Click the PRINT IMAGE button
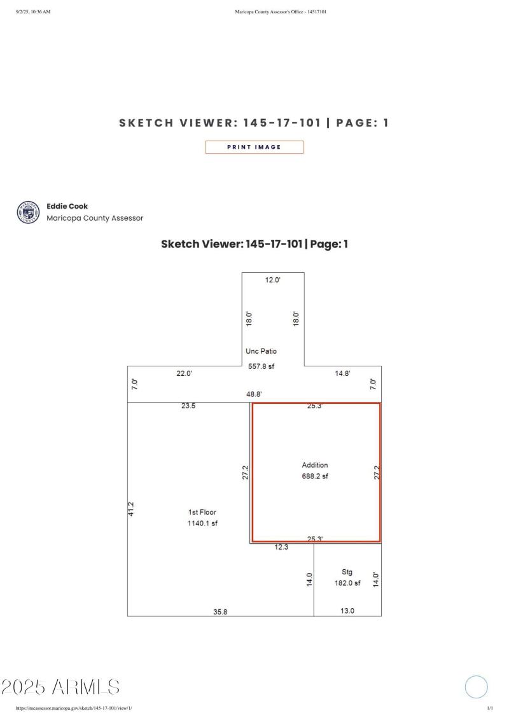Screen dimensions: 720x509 tap(254, 147)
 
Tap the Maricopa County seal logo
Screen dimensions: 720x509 tap(29, 212)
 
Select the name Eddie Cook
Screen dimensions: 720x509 tap(67, 206)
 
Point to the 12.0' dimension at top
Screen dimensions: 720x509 tap(272, 280)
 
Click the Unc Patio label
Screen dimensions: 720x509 tap(261, 351)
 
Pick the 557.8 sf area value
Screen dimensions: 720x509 tap(261, 366)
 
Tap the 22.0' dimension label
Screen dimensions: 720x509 tap(184, 373)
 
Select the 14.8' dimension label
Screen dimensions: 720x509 tap(342, 373)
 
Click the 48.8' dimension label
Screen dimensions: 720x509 tap(254, 394)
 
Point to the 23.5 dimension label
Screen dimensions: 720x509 tap(188, 406)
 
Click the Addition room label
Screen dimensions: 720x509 tap(315, 465)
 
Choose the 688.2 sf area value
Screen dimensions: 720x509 tap(315, 476)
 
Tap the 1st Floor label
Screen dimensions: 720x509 tap(202, 512)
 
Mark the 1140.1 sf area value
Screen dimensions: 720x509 tap(202, 523)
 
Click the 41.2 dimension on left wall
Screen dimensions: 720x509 tap(131, 508)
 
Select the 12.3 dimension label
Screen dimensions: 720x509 tap(282, 547)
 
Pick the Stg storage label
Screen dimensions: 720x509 tap(347, 572)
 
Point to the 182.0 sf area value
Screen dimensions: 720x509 tap(347, 583)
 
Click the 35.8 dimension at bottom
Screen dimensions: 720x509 tap(220, 611)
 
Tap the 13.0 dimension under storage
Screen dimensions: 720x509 tap(347, 611)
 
